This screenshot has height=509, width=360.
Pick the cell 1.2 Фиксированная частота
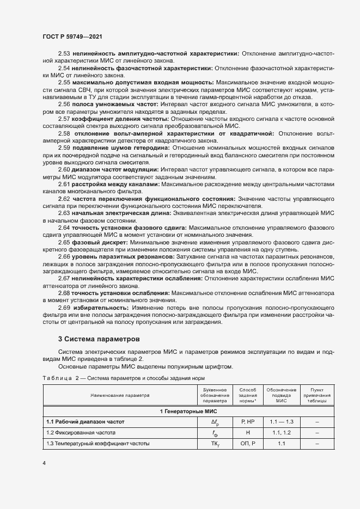pos(88,433)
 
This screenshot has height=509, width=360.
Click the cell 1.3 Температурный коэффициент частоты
pos(97,444)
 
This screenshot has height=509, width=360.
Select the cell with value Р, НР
pos(248,422)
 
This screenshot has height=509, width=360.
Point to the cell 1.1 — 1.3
pos(281,422)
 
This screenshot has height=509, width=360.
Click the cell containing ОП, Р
pos(248,444)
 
